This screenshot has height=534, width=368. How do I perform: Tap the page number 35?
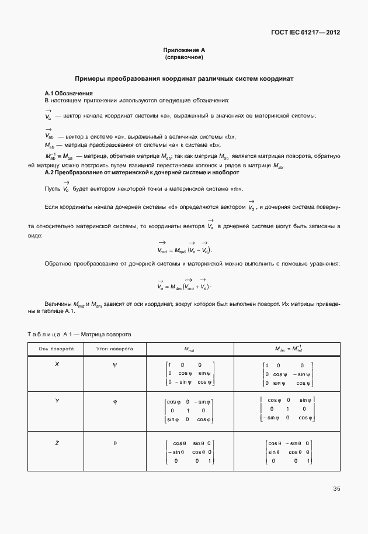pos(336,488)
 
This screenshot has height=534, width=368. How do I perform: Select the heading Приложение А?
pos(184,51)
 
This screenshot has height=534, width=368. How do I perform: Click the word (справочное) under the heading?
pos(184,58)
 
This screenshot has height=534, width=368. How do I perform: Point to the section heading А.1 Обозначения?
pos(69,94)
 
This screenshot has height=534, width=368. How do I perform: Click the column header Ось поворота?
pos(57,349)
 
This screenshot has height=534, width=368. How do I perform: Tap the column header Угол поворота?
pos(115,349)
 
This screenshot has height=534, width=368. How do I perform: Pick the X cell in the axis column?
pos(57,364)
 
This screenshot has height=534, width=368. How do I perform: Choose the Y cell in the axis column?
pos(57,401)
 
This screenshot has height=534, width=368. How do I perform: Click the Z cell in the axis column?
pos(57,443)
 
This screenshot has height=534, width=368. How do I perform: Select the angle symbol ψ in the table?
pos(115,364)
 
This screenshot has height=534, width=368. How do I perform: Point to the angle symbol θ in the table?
pos(115,443)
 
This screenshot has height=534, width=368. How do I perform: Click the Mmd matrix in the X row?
pos(190,373)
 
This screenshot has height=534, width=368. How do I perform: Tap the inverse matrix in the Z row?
pos(289,452)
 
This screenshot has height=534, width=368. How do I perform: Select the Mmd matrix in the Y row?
pos(190,411)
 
